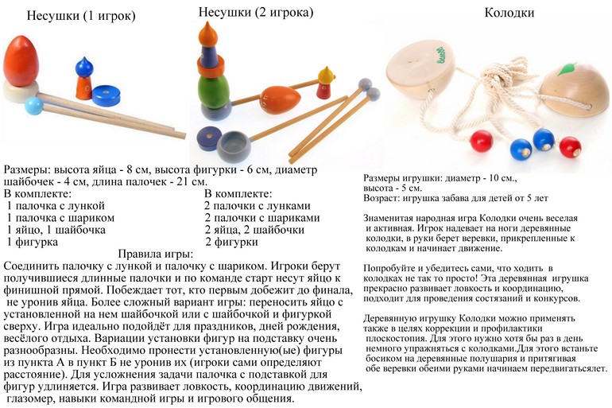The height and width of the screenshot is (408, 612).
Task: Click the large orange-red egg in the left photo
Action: click(27, 63)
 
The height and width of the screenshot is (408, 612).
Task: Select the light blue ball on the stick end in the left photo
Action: click(34, 105)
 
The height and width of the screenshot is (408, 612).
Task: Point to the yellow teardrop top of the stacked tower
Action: click(209, 34)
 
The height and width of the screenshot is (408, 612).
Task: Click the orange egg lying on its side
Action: click(280, 99)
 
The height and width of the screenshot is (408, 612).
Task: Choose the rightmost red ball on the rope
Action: click(570, 146)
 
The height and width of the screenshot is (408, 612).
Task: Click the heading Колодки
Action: click(509, 14)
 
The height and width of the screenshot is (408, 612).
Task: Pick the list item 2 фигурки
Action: click(232, 242)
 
